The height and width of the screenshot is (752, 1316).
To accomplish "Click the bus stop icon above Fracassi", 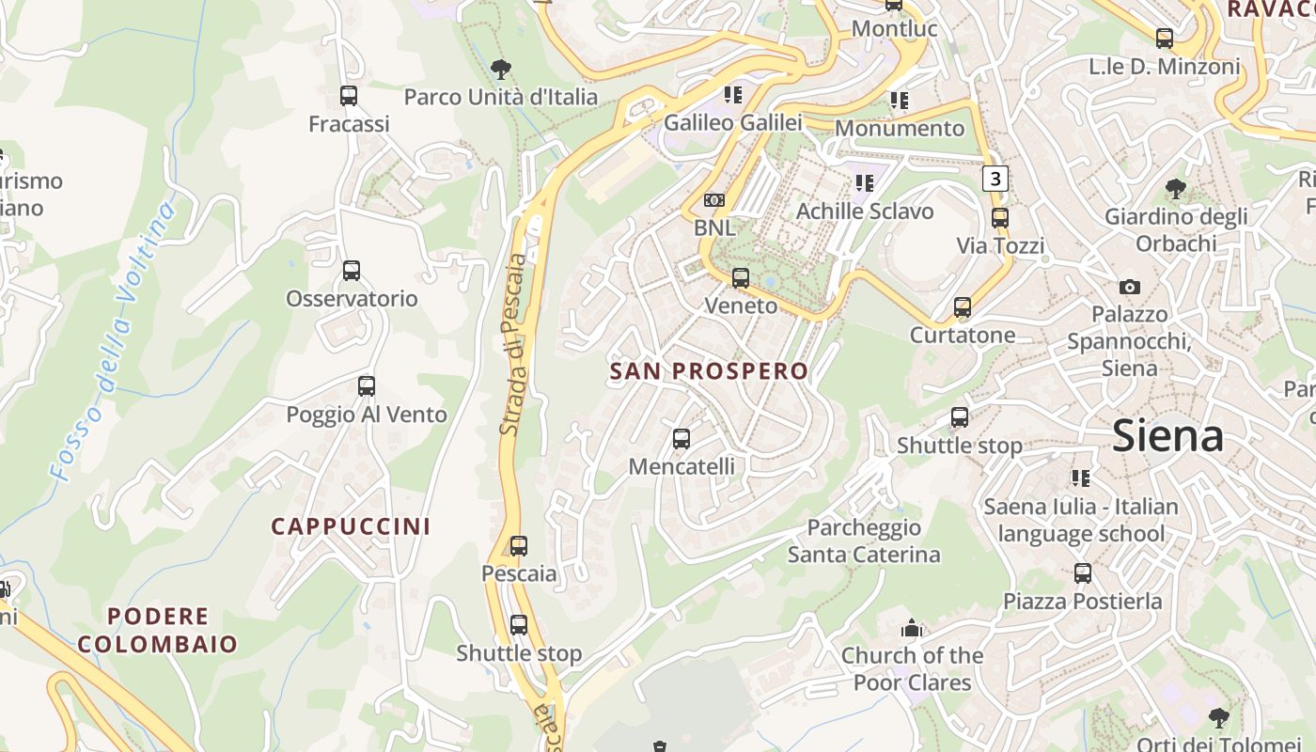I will (x=349, y=95).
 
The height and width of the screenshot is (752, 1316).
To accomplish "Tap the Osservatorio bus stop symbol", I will (x=352, y=271).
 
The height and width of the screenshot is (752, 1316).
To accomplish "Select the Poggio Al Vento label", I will (x=367, y=415).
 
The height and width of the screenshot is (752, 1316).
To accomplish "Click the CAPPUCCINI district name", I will (x=352, y=526).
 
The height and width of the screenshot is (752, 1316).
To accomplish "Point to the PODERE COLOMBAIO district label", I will (x=158, y=631).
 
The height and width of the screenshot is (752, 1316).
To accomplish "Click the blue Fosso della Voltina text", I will (x=114, y=342).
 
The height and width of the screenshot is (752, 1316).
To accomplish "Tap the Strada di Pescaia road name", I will (x=512, y=343).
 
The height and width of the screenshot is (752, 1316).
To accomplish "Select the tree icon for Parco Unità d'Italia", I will (x=501, y=68).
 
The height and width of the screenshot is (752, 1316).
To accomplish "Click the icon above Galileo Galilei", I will (x=733, y=94).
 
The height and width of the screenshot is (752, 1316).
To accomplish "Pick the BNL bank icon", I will (x=714, y=200).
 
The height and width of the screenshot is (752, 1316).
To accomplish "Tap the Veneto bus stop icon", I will (x=741, y=278).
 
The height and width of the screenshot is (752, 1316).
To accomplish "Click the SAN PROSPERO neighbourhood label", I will (x=709, y=371).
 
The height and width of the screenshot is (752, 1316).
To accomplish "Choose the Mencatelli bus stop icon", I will (x=681, y=439).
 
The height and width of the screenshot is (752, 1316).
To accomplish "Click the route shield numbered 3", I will (x=996, y=179).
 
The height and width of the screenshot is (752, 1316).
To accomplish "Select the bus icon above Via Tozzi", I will (x=1000, y=218).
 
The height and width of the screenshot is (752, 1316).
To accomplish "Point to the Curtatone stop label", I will (x=963, y=336).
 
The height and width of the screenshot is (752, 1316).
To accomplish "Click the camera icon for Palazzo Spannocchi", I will (x=1130, y=287).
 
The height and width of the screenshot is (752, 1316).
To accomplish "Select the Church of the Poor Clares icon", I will (x=912, y=628).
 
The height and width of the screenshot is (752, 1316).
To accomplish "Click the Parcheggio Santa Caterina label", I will (x=864, y=540).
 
